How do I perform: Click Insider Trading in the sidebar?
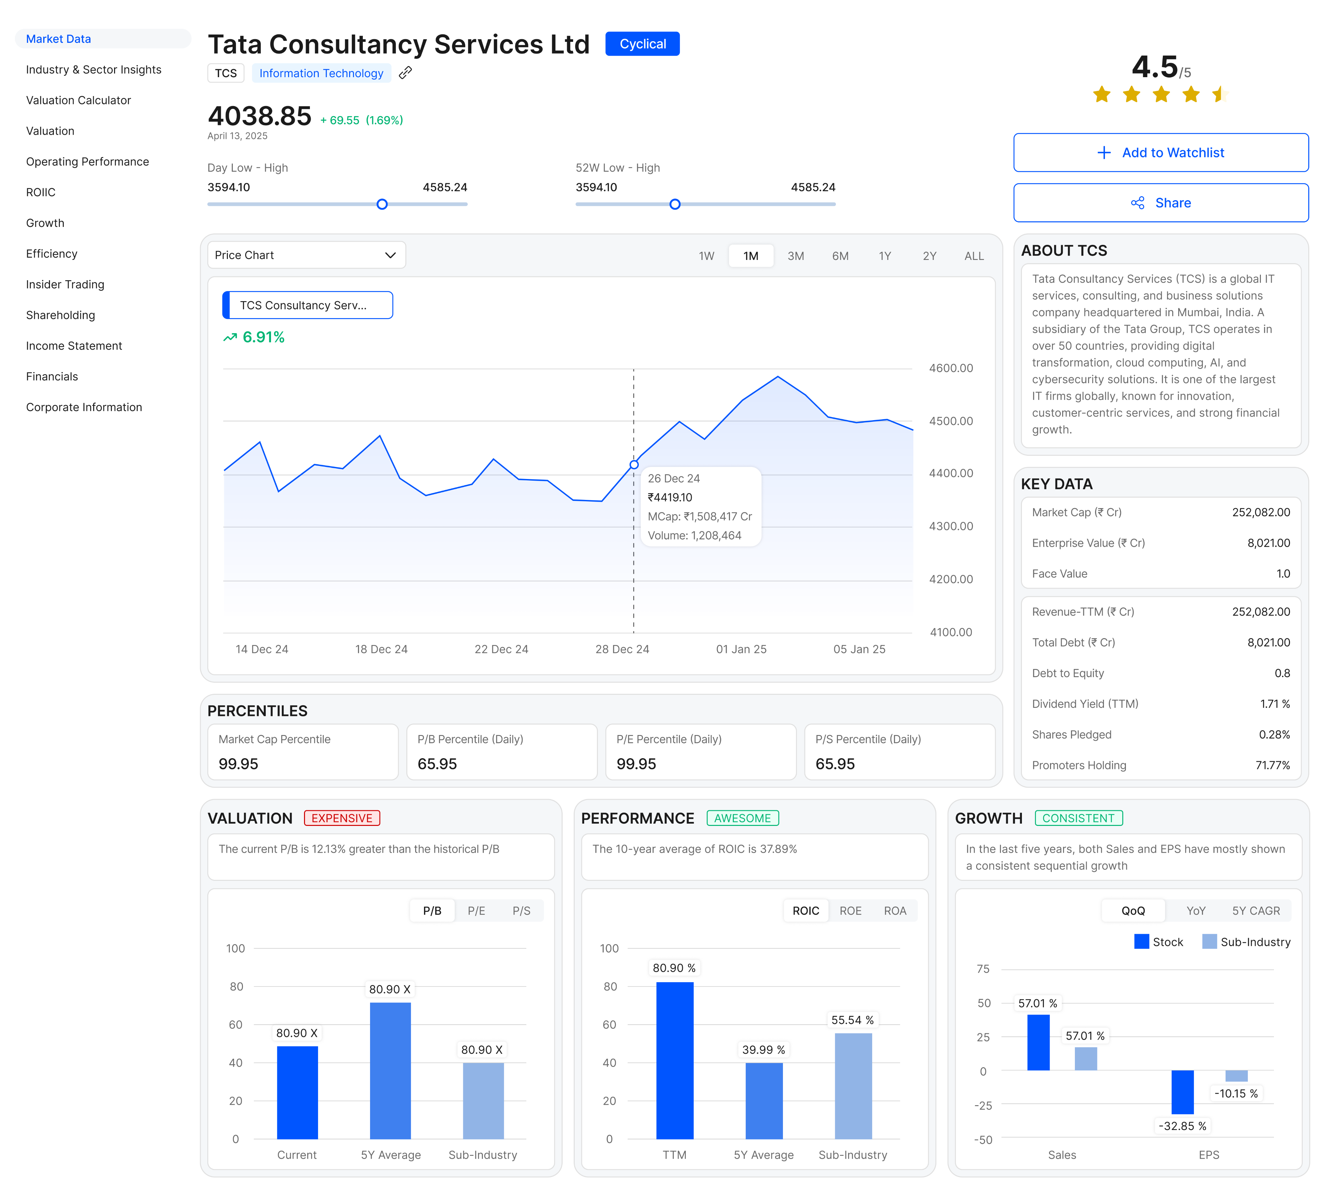65,284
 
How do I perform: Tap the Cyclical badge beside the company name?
642,44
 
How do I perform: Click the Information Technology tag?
321,73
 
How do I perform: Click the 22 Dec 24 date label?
501,649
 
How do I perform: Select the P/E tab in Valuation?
476,911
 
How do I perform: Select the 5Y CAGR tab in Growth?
1256,911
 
